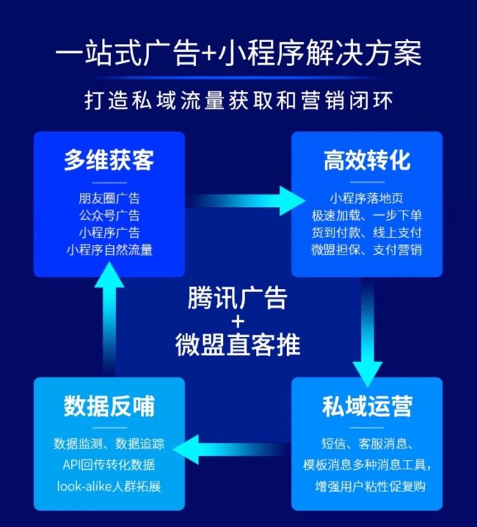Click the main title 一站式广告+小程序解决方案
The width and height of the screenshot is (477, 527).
[238, 54]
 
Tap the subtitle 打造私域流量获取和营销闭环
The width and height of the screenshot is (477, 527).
[238, 100]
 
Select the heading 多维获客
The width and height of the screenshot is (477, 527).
[109, 160]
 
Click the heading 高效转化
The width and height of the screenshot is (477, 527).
[367, 160]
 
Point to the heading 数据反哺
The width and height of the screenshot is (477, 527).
[109, 406]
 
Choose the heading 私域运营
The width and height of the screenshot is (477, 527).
[367, 406]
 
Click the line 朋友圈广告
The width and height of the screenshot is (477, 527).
[109, 198]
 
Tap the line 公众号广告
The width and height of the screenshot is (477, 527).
[109, 216]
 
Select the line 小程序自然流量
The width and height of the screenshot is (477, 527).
[109, 250]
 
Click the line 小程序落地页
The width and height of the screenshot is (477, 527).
[367, 198]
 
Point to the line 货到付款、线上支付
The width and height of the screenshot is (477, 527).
[367, 233]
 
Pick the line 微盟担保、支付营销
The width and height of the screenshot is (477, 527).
[367, 250]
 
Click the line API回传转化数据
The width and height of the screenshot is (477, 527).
[109, 465]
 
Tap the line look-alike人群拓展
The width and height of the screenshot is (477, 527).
[109, 487]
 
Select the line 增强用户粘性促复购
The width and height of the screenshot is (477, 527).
[370, 487]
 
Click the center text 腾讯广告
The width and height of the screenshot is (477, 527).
[238, 298]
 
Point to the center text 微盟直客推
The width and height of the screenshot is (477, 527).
[238, 345]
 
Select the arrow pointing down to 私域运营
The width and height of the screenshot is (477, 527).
[368, 332]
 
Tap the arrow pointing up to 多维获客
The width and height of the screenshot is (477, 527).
[109, 319]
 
